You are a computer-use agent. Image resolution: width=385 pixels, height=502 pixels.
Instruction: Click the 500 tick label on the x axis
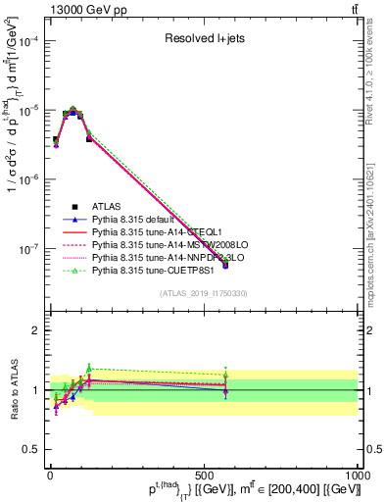pyautogui.click(x=204, y=475)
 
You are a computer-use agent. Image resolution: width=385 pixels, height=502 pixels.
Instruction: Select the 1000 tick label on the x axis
pyautogui.click(x=358, y=475)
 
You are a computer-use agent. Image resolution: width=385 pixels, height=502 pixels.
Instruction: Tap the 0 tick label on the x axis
pyautogui.click(x=50, y=475)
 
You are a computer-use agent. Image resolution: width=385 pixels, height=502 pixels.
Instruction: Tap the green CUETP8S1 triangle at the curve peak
pyautogui.click(x=73, y=109)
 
